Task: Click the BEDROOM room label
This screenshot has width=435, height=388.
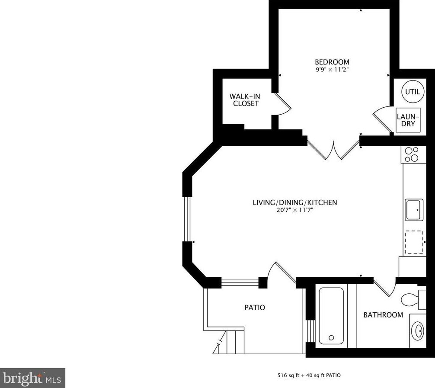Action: [x=332, y=62]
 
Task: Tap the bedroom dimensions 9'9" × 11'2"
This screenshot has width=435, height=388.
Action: [x=332, y=69]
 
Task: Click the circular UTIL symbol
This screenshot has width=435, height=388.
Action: [x=413, y=92]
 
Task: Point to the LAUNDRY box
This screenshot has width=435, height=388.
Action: [x=408, y=120]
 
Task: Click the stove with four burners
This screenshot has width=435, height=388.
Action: [x=413, y=154]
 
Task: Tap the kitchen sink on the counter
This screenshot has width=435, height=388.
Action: [x=414, y=209]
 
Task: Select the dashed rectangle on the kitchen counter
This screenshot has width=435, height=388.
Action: [x=414, y=242]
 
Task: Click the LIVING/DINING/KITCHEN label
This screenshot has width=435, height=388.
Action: [x=294, y=202]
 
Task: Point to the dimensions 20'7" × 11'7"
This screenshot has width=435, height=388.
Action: [x=294, y=210]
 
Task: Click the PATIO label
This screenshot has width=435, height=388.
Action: [x=255, y=308]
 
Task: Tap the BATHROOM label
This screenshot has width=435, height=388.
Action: [x=383, y=315]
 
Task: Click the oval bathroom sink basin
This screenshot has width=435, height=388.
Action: [x=418, y=331]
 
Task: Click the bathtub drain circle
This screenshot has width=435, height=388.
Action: [x=331, y=337]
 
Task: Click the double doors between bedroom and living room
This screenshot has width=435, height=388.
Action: [x=334, y=150]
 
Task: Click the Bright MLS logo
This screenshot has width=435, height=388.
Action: [x=32, y=378]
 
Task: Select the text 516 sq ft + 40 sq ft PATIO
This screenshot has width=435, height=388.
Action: [x=309, y=375]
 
